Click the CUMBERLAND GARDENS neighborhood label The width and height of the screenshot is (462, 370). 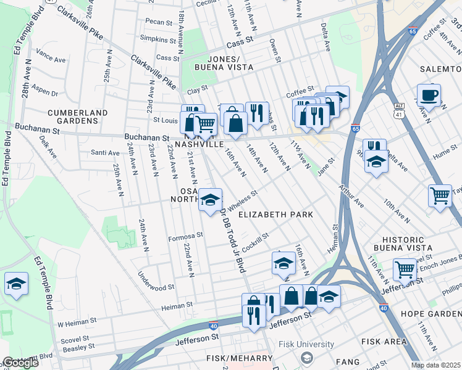pos(77,118)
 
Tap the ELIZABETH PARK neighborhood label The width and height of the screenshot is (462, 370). pos(275,215)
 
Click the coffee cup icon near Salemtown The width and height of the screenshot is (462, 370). pos(428,96)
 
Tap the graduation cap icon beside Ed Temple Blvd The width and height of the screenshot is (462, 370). pos(16,284)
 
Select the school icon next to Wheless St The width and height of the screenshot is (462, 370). pos(210,200)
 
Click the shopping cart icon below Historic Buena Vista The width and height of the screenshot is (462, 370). pos(405,269)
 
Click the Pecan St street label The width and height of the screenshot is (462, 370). pos(159,22)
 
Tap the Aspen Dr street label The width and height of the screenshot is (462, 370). pos(44,93)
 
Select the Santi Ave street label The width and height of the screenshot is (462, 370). pos(105,152)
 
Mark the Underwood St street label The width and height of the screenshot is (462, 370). pos(156,287)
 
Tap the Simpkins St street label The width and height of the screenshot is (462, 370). pos(158,39)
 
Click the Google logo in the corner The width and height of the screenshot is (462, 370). pos(20,363)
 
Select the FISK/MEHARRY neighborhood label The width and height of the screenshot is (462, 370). pos(239,358)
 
